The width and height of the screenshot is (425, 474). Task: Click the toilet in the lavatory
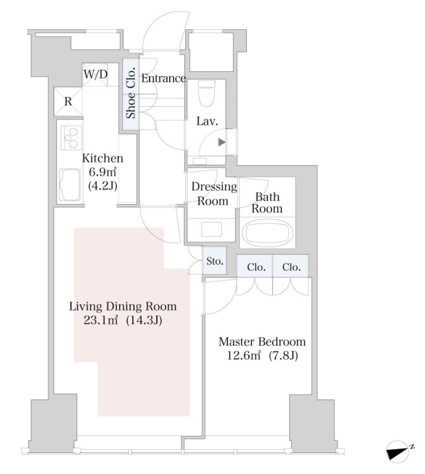coord(207,93)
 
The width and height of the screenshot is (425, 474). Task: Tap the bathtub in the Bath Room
coord(268,233)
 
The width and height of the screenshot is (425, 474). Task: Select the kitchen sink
coord(70,185)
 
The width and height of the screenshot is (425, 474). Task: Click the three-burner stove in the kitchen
coord(71,137)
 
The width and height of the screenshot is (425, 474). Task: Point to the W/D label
coord(95,74)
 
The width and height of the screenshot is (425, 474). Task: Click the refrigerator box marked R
coord(68,101)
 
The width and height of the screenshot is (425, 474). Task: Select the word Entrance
coord(163,78)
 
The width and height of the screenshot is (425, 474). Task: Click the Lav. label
coord(207,121)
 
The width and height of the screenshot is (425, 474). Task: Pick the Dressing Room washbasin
coord(211,230)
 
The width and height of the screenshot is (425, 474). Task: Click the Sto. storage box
coord(215,261)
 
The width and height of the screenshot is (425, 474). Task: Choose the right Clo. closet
coord(291,266)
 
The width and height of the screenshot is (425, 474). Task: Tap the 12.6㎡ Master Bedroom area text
coord(244,355)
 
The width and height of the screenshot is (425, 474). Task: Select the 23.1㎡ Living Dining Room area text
coord(100,320)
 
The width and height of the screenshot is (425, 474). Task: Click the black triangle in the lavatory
coord(222,142)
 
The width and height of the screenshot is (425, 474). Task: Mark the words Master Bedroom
coord(262,342)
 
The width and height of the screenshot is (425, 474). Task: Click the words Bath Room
coord(267,203)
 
